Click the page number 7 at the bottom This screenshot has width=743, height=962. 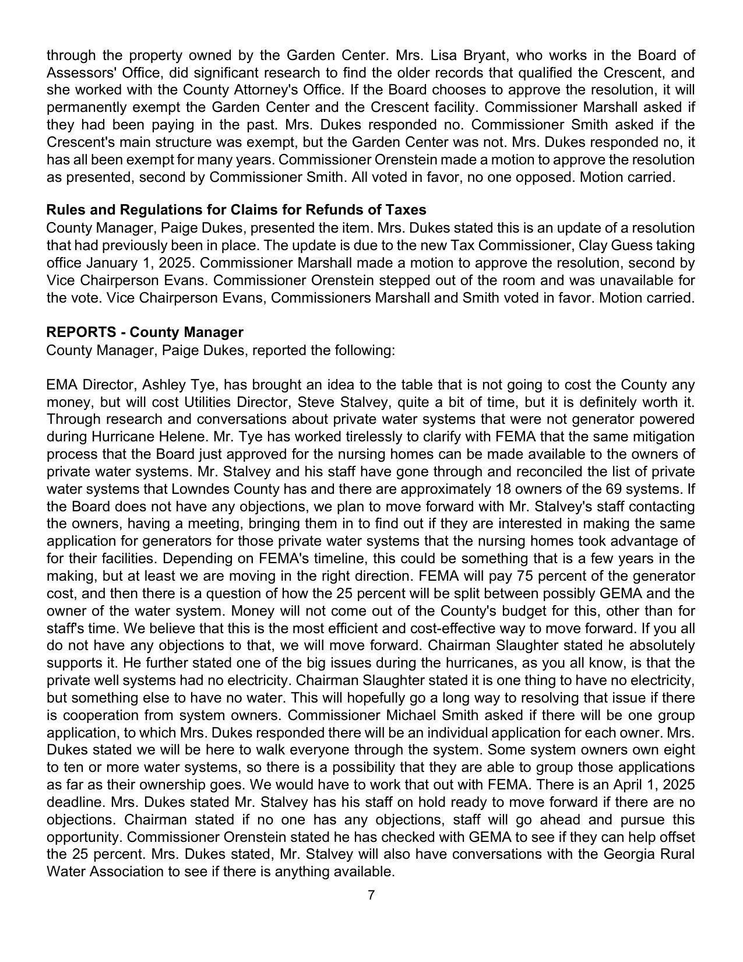[371, 895]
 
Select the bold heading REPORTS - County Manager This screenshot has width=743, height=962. [145, 332]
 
